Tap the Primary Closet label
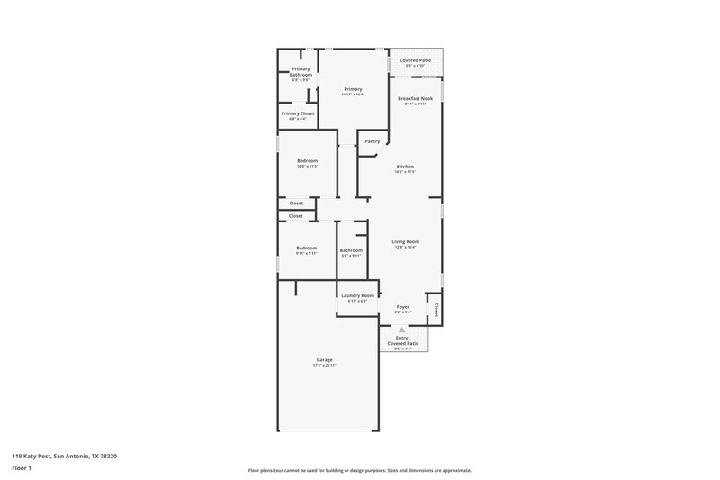click(x=298, y=113)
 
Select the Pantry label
click(x=372, y=141)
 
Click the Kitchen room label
click(x=405, y=167)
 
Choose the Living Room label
click(x=405, y=241)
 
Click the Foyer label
click(x=403, y=306)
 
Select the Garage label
click(x=324, y=359)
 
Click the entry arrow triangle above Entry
click(x=401, y=331)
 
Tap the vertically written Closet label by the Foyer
click(x=436, y=310)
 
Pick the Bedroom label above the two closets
click(x=307, y=160)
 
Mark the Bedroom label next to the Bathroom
click(x=307, y=248)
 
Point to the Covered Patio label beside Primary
click(x=415, y=60)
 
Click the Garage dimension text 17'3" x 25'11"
click(x=324, y=365)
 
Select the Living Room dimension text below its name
click(x=405, y=247)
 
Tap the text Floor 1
click(x=22, y=469)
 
